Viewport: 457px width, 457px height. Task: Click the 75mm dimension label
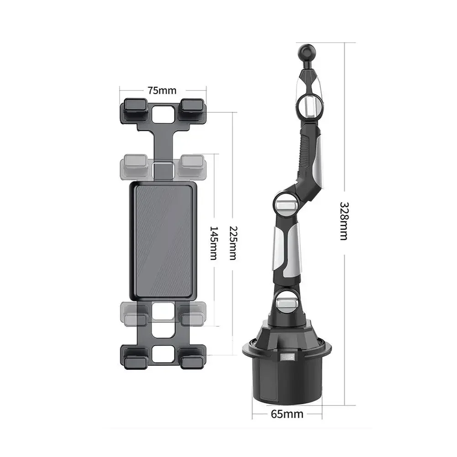[x=162, y=90]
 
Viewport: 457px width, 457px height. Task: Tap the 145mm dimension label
[x=213, y=242]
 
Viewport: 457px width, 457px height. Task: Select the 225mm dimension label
[x=233, y=243]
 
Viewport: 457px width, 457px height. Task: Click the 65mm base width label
[x=287, y=414]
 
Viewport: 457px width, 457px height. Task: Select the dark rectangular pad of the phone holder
[x=164, y=238]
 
